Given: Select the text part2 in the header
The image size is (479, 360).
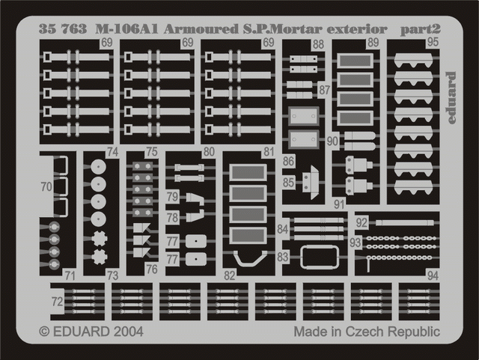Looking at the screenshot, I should [421, 29].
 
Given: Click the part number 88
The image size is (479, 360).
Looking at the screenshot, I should [319, 45].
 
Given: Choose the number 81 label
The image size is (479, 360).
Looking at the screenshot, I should [268, 152].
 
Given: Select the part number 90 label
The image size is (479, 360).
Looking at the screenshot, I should [332, 141].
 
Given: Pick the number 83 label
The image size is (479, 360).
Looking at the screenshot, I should [282, 257].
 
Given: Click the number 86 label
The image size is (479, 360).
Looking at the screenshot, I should [289, 162].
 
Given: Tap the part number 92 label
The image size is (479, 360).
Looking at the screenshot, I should [361, 222].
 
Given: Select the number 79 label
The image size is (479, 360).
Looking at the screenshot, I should [172, 198].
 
